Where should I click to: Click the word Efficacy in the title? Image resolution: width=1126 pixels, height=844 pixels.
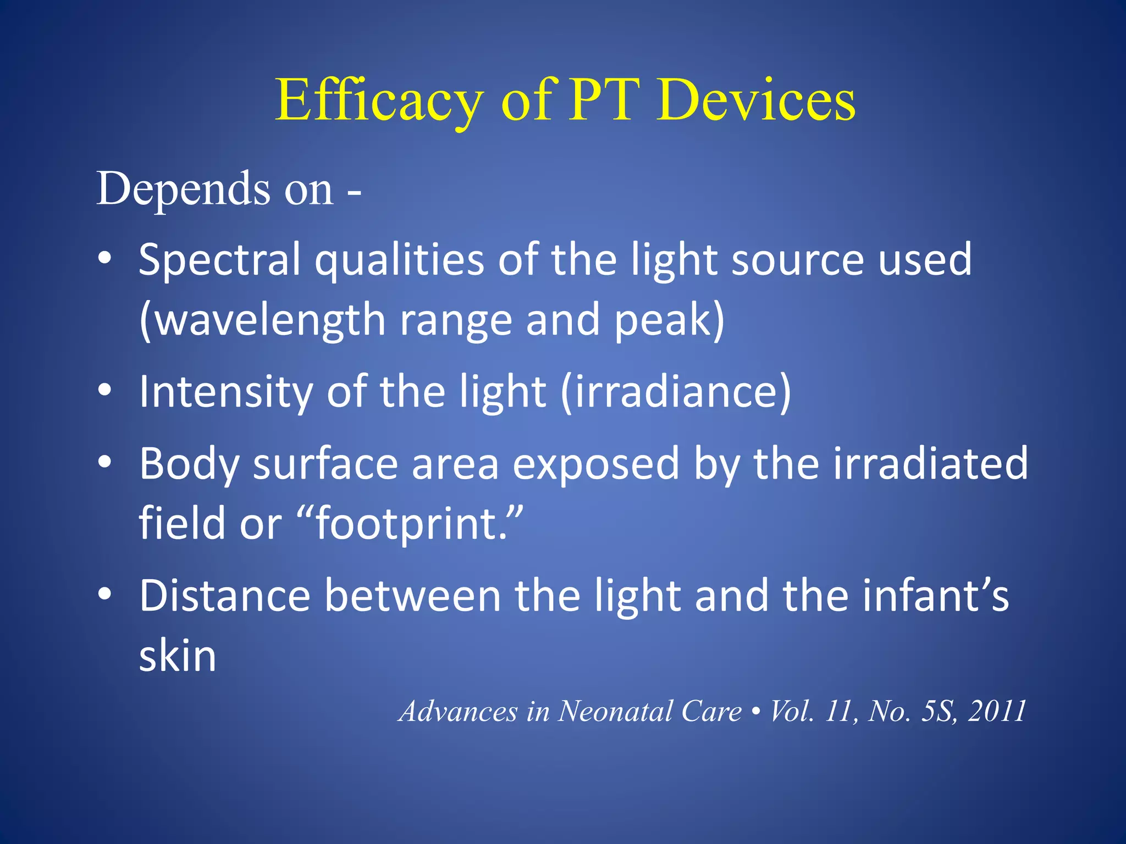click(379, 102)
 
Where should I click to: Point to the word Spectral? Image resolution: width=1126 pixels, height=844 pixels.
click(219, 260)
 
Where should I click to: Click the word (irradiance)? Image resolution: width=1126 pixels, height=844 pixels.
click(676, 392)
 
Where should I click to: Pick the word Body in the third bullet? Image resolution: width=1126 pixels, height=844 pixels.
click(189, 465)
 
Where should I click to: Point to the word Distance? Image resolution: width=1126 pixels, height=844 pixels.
click(225, 596)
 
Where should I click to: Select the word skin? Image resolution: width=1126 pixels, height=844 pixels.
click(178, 656)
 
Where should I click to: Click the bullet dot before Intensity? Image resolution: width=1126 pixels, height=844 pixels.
click(104, 391)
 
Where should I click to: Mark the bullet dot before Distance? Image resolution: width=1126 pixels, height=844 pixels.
click(104, 594)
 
